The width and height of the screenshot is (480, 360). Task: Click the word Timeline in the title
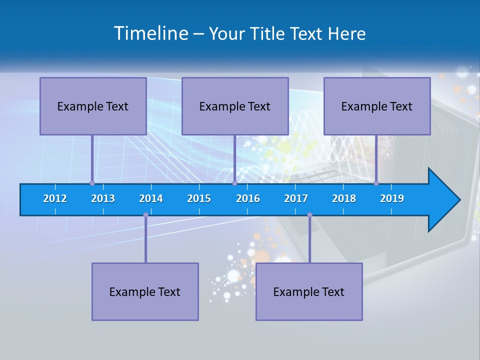click(x=150, y=33)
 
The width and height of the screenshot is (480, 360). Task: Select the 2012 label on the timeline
click(x=55, y=198)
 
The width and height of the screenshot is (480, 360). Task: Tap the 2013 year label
click(x=103, y=198)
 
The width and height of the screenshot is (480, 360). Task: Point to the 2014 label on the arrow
click(x=151, y=198)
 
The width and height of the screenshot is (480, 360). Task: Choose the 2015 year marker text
click(x=199, y=198)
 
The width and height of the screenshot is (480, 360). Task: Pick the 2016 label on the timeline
click(x=248, y=198)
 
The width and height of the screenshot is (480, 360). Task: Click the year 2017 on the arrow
click(x=296, y=198)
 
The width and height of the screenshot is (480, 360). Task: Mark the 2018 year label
click(x=344, y=198)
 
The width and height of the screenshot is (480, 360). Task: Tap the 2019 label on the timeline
click(x=392, y=198)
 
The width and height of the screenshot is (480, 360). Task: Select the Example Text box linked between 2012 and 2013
click(x=93, y=106)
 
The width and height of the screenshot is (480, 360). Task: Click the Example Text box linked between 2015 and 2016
click(x=235, y=106)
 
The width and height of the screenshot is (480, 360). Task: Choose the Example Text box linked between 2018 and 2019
click(x=377, y=106)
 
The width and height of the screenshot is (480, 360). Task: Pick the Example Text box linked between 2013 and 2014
click(x=145, y=291)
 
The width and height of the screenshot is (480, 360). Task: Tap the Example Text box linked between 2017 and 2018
click(x=309, y=291)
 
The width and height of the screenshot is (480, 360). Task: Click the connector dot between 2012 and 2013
click(x=92, y=183)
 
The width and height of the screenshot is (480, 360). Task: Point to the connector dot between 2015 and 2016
click(x=234, y=183)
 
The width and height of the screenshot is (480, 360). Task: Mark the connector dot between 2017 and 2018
click(x=309, y=215)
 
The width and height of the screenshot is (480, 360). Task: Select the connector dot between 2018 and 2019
click(x=376, y=183)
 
